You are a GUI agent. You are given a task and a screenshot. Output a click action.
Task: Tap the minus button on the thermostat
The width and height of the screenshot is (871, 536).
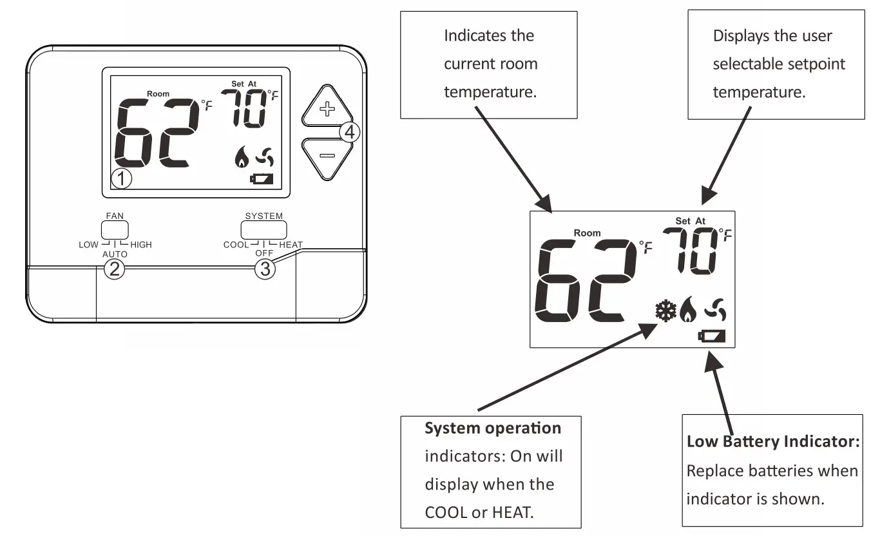tap(327, 156)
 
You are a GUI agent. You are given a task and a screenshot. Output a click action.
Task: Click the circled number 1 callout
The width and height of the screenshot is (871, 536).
tap(121, 179)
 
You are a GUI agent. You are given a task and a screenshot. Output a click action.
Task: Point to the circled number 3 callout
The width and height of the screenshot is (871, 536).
tap(264, 269)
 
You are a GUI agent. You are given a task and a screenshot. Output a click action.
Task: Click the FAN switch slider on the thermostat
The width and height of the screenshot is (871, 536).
tap(115, 230)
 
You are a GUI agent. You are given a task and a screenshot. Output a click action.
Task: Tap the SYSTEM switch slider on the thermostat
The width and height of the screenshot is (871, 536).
tap(263, 230)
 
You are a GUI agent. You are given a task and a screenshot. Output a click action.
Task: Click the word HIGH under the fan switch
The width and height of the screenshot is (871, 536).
tap(141, 245)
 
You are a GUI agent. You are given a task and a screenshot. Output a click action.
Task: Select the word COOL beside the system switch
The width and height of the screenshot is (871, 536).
tap(236, 245)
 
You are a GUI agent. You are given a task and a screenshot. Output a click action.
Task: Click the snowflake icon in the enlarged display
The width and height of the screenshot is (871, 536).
tap(665, 311)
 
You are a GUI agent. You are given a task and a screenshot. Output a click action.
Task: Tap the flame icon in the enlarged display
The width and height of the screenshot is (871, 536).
tap(687, 311)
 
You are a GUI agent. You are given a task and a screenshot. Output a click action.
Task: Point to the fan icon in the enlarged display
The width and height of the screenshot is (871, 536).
tap(715, 310)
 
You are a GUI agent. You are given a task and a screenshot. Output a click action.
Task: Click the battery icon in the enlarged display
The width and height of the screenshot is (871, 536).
tap(712, 336)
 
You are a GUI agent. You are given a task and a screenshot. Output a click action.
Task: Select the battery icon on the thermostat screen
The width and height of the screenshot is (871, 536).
tap(262, 179)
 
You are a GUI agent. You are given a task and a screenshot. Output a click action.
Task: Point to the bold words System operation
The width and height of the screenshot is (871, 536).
tap(493, 428)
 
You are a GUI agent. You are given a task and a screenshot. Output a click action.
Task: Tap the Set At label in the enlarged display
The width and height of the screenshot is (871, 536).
tap(690, 221)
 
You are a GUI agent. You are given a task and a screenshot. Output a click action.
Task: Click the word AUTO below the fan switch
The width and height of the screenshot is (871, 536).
tap(114, 254)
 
